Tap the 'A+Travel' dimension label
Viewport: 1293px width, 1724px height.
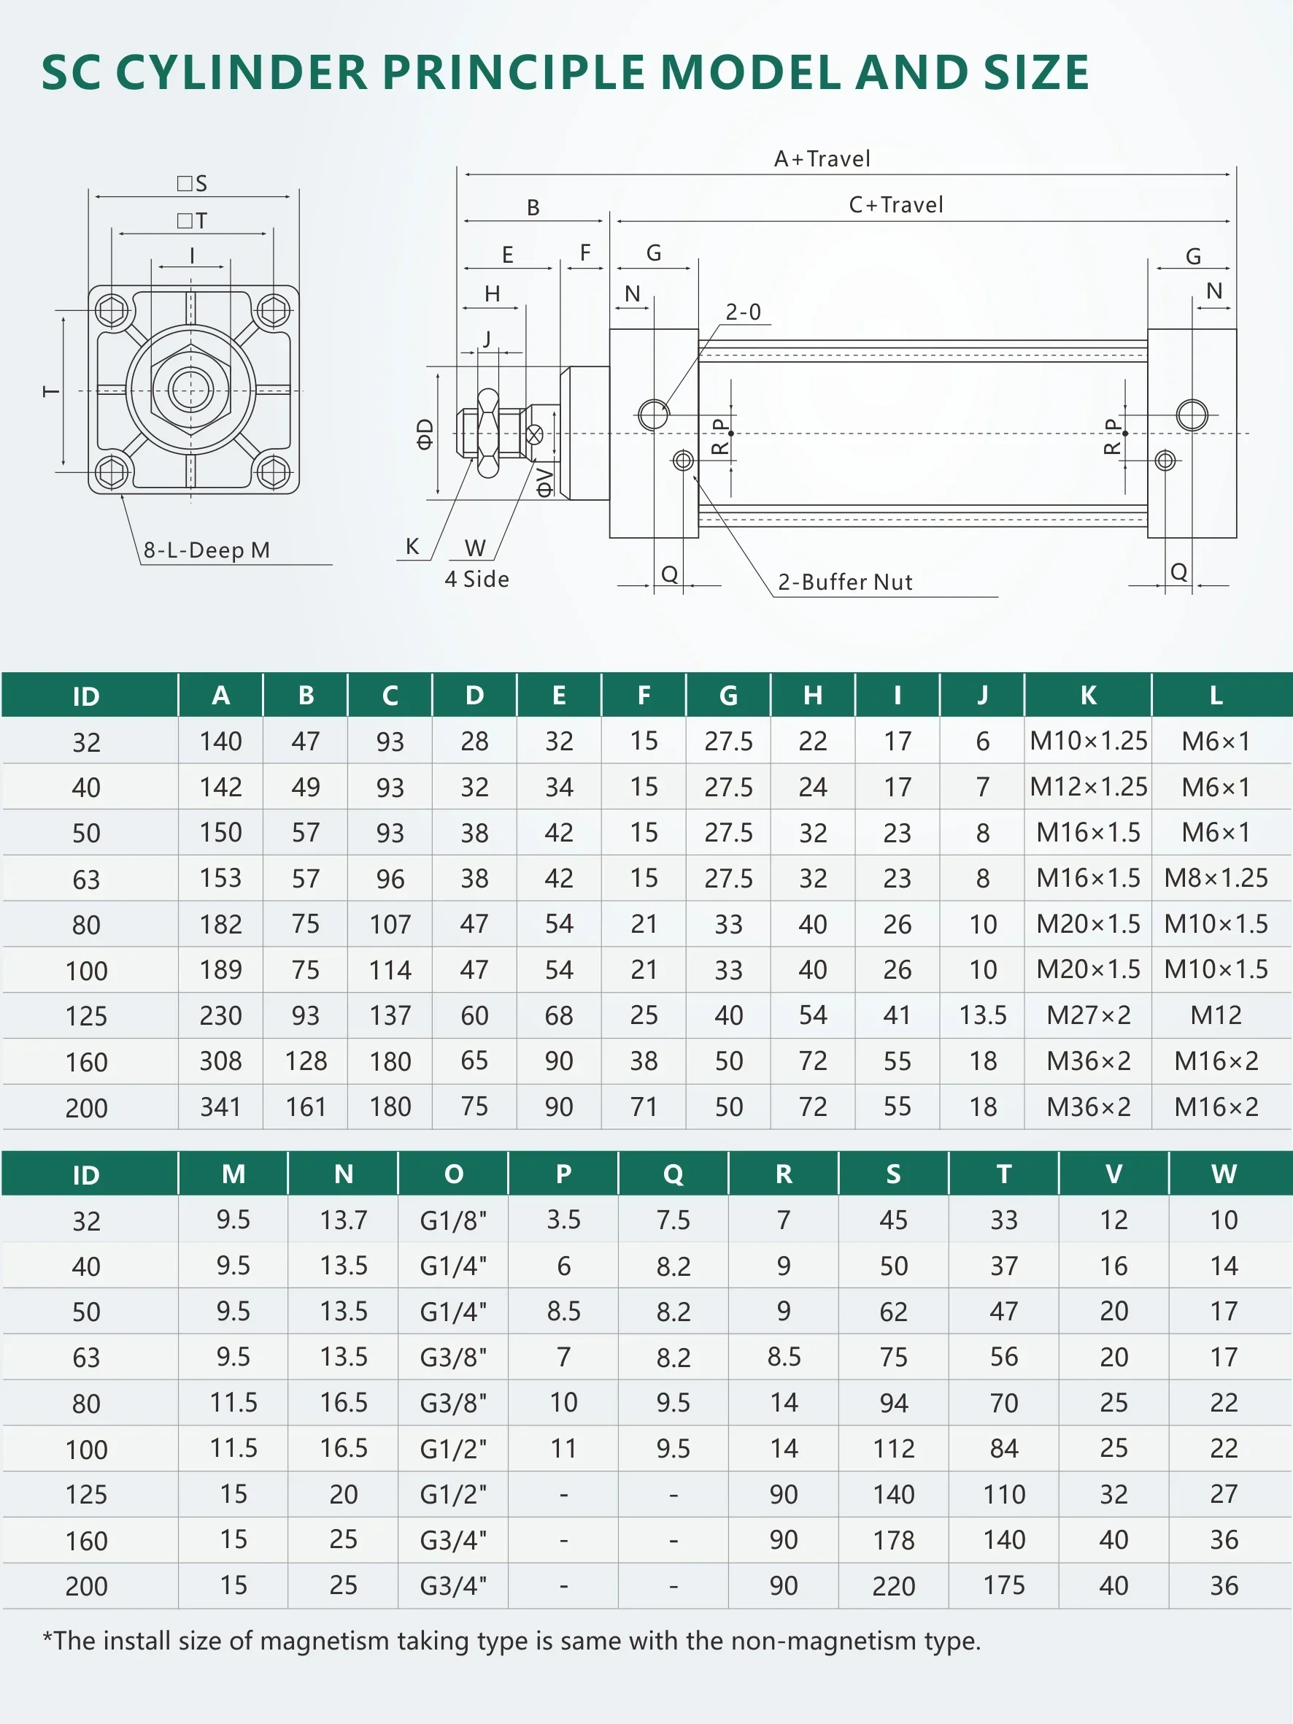822,159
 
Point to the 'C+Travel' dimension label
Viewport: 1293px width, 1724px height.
895,205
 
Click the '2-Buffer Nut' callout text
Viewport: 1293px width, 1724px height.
845,582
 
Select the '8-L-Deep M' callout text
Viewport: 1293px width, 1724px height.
207,550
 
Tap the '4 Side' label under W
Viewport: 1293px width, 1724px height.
477,579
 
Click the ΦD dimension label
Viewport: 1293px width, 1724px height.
424,434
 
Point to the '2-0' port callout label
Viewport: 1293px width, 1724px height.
743,312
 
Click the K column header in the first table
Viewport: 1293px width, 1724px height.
1088,695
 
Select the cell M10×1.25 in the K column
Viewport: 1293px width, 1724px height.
1088,741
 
